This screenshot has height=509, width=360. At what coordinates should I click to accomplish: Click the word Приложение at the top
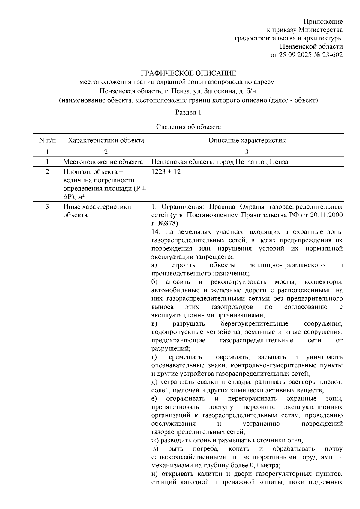(323, 22)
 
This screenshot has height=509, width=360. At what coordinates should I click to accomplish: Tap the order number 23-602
(332, 55)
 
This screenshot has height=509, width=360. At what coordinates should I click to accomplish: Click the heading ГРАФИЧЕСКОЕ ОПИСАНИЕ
(189, 73)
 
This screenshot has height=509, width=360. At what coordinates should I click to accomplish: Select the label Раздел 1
(188, 112)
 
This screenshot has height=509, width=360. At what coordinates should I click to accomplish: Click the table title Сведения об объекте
(189, 127)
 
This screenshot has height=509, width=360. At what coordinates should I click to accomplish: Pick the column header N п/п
(47, 140)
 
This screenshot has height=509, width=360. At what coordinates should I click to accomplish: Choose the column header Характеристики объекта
(106, 140)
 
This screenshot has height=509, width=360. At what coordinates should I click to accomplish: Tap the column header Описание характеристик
(247, 140)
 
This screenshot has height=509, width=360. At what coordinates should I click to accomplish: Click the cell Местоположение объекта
(103, 162)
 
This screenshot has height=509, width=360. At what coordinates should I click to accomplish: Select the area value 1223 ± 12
(166, 172)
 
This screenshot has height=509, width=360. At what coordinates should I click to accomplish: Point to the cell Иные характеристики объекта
(97, 211)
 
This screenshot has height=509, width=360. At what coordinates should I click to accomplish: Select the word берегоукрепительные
(254, 324)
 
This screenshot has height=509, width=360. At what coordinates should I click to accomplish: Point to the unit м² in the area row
(81, 197)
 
